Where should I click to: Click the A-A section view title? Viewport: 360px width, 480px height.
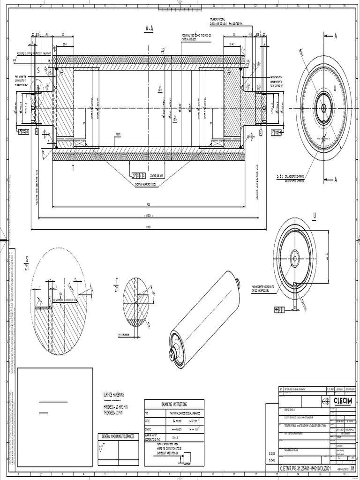coord(149,29)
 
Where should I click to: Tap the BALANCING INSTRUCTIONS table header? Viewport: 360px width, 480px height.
coord(174,404)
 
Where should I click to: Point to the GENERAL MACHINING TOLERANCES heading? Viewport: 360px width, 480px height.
coord(118,436)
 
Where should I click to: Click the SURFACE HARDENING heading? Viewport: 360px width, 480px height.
coord(113,395)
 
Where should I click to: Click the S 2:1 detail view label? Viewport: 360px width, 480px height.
coord(27,261)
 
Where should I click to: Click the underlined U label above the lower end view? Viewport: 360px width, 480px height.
coord(315,215)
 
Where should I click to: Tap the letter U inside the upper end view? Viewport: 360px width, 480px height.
coord(335,88)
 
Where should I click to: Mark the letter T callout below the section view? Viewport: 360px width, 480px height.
coord(73,167)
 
